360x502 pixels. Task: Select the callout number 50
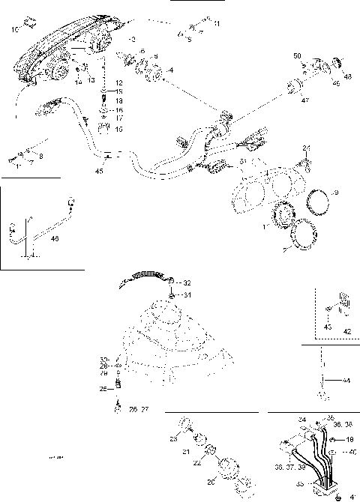298,56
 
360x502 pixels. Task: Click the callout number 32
187,282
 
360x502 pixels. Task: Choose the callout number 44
346,381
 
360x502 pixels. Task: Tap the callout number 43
327,327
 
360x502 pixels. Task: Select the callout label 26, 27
139,410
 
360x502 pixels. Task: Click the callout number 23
172,439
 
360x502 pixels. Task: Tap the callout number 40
352,453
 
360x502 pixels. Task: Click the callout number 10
16,30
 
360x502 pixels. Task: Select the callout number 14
79,81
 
